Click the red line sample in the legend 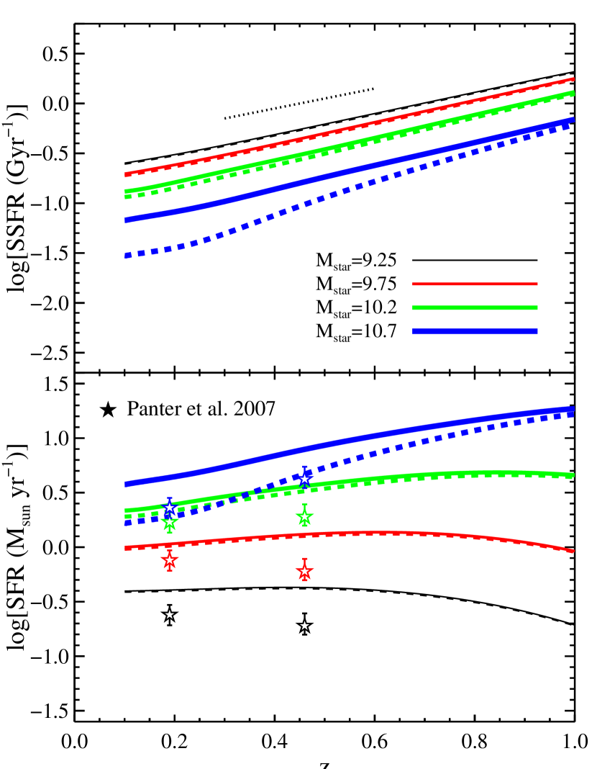tap(475, 284)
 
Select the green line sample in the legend tap(475, 307)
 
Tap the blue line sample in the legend tap(475, 331)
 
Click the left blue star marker tap(170, 508)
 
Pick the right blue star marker tap(304, 479)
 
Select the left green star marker tap(170, 521)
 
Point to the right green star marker tap(304, 516)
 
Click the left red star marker tap(170, 559)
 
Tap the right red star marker tap(304, 571)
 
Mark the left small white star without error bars tap(170, 614)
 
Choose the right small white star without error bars tap(304, 626)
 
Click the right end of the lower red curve tap(573, 552)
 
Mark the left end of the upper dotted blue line tap(127, 255)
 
